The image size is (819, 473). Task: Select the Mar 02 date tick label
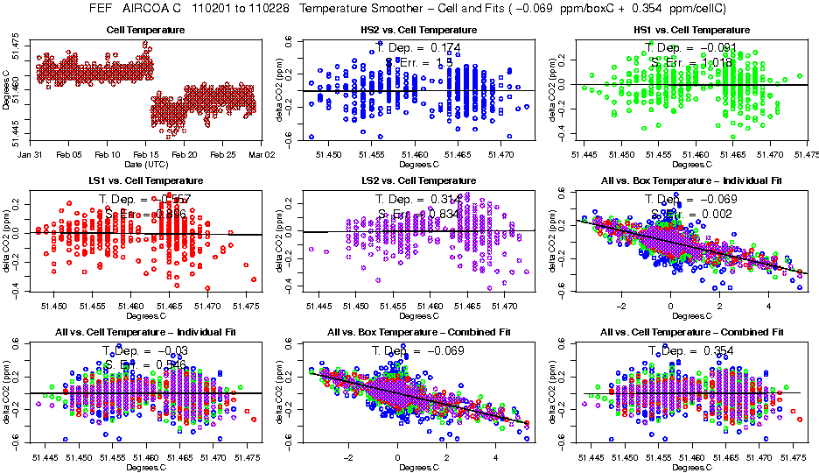pos(262,153)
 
